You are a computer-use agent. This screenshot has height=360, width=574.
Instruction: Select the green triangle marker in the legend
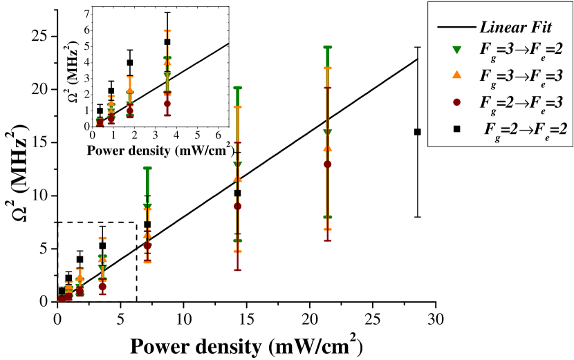pyautogui.click(x=456, y=50)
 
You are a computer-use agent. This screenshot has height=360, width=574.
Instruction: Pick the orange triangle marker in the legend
pyautogui.click(x=456, y=75)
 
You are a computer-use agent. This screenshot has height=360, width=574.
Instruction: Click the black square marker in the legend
pyautogui.click(x=456, y=129)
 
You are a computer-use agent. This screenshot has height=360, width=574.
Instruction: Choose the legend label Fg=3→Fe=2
pyautogui.click(x=521, y=50)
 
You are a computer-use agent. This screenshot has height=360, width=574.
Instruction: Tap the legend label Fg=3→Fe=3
pyautogui.click(x=521, y=76)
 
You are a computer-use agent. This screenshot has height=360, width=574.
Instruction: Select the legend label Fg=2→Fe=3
pyautogui.click(x=521, y=102)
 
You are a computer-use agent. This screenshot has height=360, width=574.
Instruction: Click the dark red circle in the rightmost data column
pyautogui.click(x=327, y=164)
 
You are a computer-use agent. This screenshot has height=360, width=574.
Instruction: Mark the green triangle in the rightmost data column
pyautogui.click(x=327, y=132)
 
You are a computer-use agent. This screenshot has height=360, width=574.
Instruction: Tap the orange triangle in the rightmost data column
pyautogui.click(x=327, y=147)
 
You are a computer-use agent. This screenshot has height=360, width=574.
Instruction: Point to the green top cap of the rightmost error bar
pyautogui.click(x=327, y=47)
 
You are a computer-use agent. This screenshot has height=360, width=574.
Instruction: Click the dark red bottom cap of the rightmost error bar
pyautogui.click(x=327, y=240)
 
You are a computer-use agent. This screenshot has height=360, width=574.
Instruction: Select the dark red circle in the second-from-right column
pyautogui.click(x=237, y=206)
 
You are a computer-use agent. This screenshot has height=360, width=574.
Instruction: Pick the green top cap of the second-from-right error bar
pyautogui.click(x=237, y=87)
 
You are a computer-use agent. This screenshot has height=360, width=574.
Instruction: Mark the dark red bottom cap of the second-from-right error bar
pyautogui.click(x=237, y=270)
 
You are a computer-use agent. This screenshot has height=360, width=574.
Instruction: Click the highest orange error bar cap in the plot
pyautogui.click(x=167, y=30)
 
